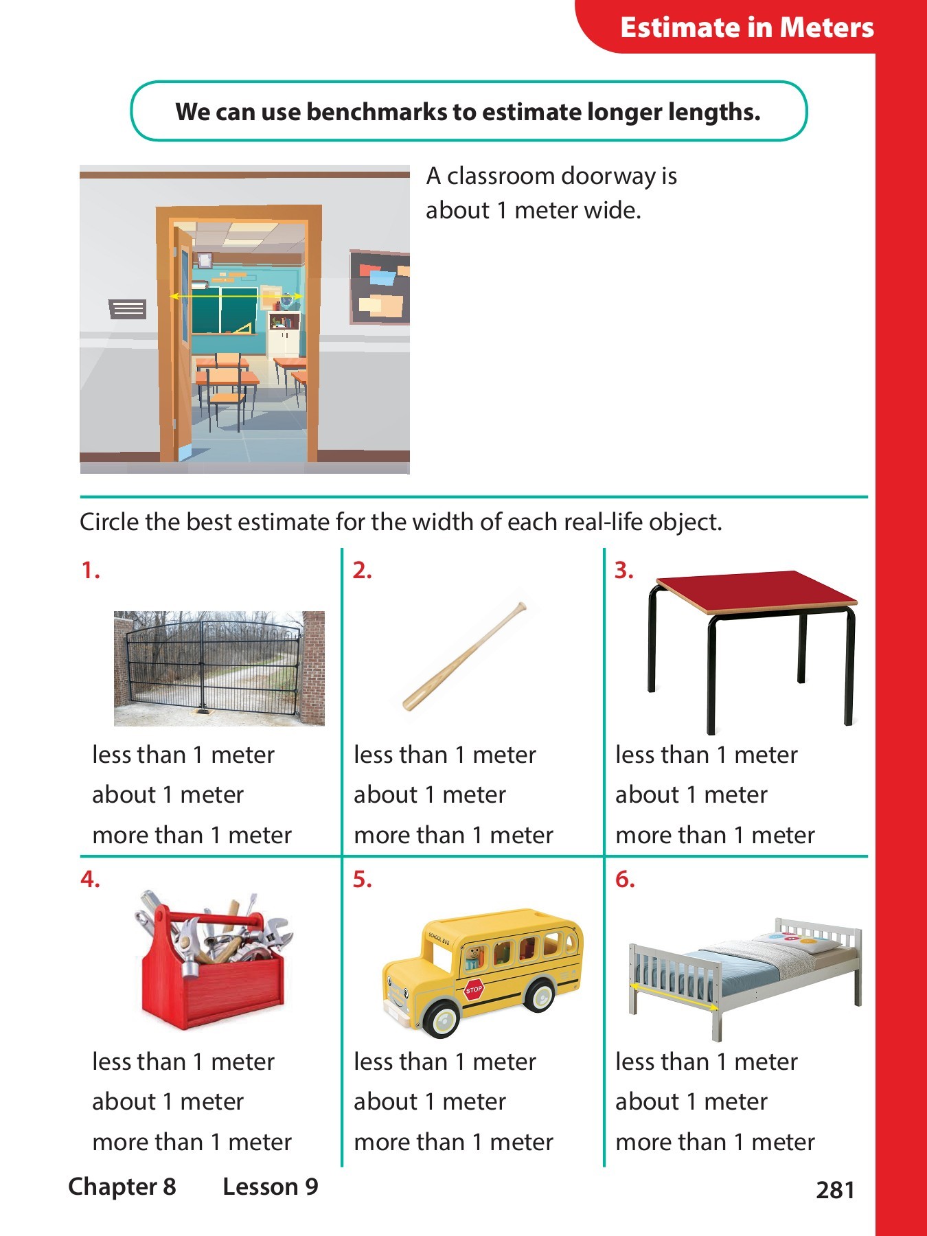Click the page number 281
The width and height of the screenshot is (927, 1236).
point(835,1190)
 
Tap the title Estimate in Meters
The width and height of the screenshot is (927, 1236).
point(746,27)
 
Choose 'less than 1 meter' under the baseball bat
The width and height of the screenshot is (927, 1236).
point(444,755)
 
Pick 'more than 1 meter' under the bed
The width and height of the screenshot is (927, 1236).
point(715,1142)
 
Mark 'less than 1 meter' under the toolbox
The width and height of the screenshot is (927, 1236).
point(183,1062)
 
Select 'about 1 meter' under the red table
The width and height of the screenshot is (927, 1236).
point(691,794)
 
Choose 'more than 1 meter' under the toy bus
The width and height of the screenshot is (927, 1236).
point(453,1142)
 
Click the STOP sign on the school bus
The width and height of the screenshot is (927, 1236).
point(474,989)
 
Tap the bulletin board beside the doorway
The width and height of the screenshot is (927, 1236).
point(380,287)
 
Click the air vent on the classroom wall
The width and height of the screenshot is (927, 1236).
point(128,309)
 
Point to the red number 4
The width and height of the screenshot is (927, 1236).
point(90,879)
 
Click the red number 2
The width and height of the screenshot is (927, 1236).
point(362,570)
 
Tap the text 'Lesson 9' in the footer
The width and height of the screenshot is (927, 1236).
point(271,1187)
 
